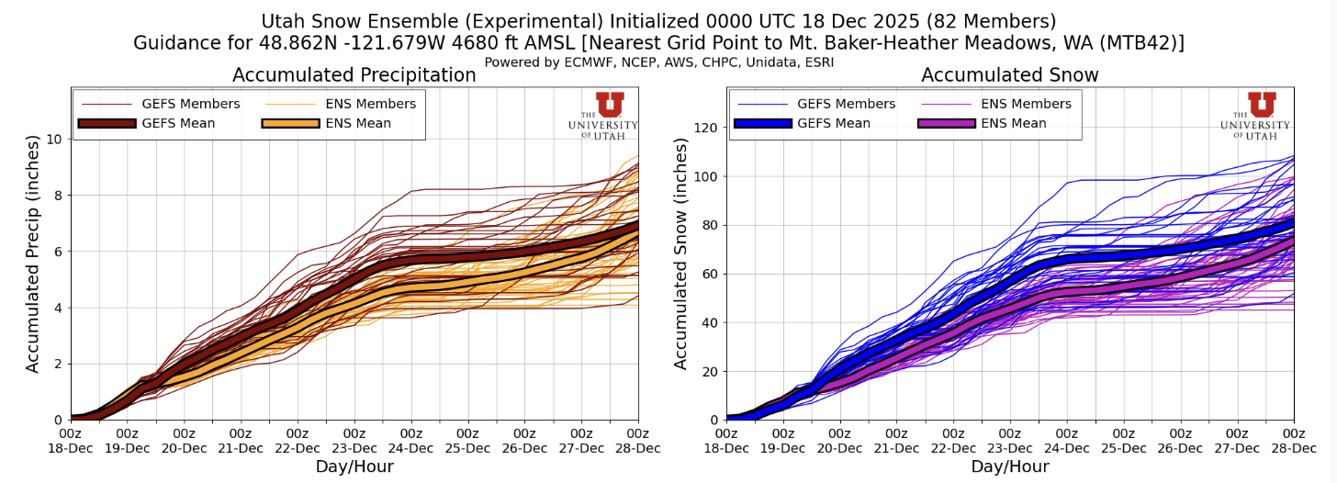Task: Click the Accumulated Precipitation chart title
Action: click(354, 75)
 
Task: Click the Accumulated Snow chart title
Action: click(1009, 75)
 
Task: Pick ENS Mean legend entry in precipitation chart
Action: click(339, 124)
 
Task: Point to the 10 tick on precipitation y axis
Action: click(55, 139)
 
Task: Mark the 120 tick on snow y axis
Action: click(703, 128)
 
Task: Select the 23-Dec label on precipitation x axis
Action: click(354, 448)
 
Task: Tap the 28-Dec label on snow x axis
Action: click(1293, 448)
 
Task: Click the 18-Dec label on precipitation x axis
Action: click(71, 448)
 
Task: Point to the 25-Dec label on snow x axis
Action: click(1123, 448)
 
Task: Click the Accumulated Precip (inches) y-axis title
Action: click(33, 253)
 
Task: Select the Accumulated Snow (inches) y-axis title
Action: click(681, 253)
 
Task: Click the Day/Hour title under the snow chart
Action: click(1009, 467)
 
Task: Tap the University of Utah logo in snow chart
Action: click(1255, 116)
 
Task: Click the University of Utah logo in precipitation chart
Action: click(602, 116)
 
